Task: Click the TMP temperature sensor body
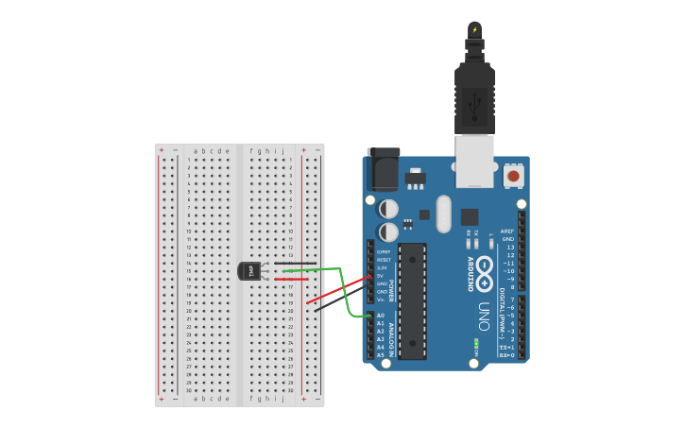click(x=248, y=271)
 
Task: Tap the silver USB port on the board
click(x=474, y=158)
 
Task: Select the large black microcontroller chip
click(x=412, y=300)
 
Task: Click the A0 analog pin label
click(x=381, y=316)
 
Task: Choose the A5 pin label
click(x=381, y=355)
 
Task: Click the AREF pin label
click(x=507, y=231)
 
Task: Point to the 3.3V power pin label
click(x=382, y=268)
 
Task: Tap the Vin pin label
click(x=382, y=300)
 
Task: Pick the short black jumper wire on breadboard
click(x=295, y=264)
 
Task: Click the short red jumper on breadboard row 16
click(x=291, y=280)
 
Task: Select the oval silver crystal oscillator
click(x=444, y=213)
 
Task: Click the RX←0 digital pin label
click(x=507, y=355)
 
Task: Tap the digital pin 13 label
click(x=510, y=247)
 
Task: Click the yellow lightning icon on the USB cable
click(x=474, y=29)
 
